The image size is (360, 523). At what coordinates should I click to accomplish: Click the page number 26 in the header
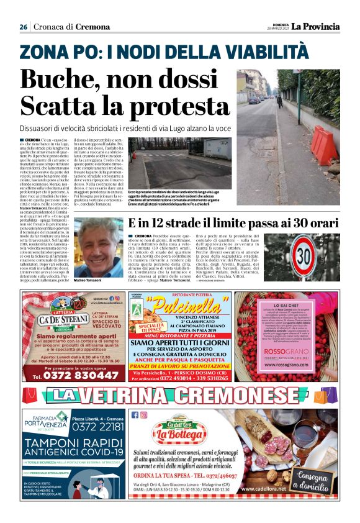[x=23, y=27]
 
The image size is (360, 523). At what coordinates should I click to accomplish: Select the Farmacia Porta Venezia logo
[x=45, y=421]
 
